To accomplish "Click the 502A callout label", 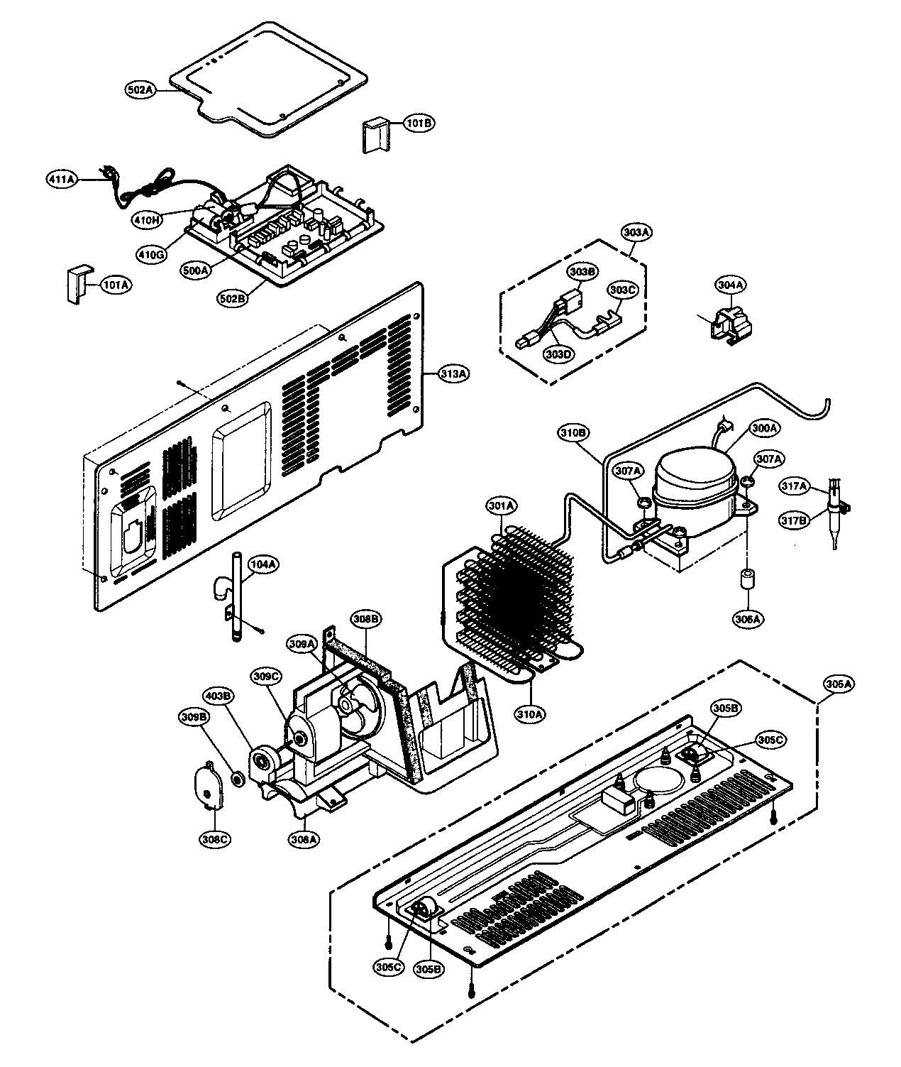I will point(140,90).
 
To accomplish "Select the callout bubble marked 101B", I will point(419,123).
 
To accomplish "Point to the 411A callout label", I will point(62,180).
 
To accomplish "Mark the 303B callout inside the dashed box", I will point(581,271).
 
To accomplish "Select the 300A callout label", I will point(765,427).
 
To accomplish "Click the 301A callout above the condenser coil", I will point(502,505).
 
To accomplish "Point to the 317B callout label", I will point(794,501).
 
